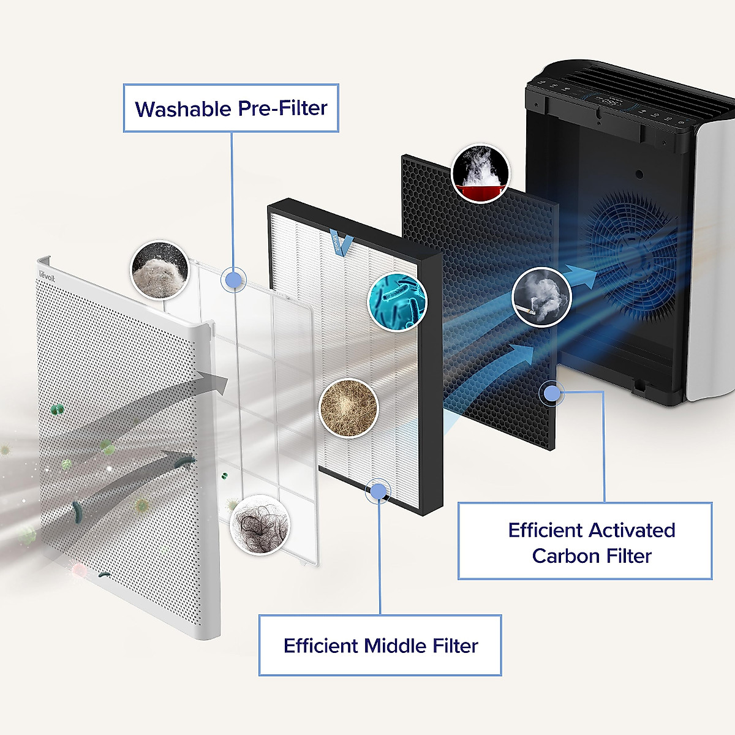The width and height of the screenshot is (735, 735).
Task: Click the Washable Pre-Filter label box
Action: (231, 108)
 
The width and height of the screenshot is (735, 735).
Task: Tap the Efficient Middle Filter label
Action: (380, 645)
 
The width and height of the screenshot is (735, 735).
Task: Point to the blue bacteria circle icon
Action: (397, 301)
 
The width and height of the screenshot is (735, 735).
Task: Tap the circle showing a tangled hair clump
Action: (260, 525)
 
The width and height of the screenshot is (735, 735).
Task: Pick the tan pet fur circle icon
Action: (349, 408)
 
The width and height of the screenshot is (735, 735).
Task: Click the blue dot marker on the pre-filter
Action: (233, 280)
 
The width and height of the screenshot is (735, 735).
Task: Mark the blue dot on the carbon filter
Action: (552, 392)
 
